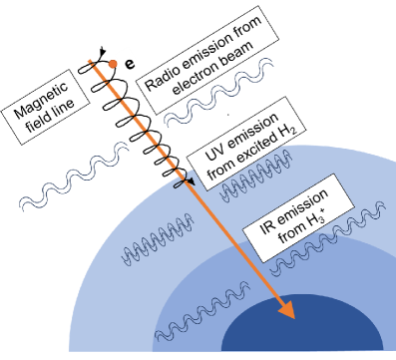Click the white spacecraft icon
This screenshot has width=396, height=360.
pyautogui.click(x=125, y=59)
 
